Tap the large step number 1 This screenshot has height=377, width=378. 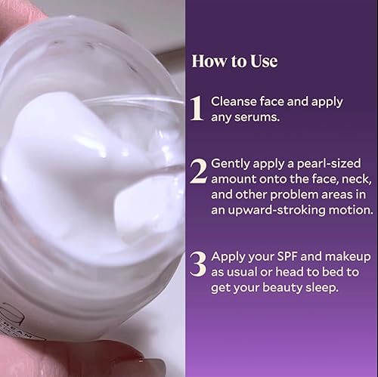click(x=197, y=108)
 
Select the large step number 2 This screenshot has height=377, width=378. click(x=198, y=172)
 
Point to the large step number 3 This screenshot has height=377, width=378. click(x=198, y=264)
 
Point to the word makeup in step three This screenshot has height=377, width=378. click(x=344, y=256)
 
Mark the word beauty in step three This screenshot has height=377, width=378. click(x=280, y=287)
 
